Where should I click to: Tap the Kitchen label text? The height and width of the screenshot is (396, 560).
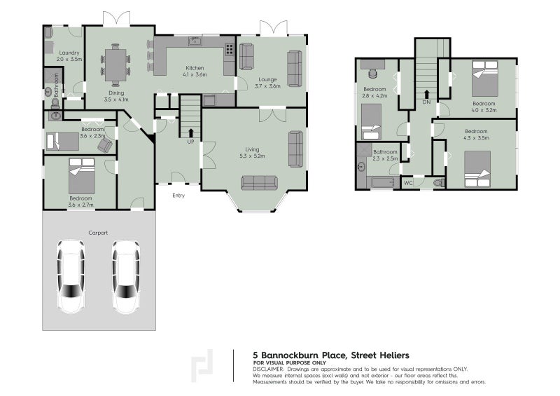pos(194,68)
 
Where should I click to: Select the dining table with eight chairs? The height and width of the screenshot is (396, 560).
pos(115,61)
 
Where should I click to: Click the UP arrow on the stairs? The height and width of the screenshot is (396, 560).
pos(190,132)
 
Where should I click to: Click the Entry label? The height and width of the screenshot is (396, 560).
pos(178,196)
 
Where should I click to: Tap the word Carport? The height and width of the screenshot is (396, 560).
pos(98,232)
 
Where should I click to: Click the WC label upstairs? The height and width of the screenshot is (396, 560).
pos(409,183)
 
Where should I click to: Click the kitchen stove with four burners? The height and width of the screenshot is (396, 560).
pos(228,50)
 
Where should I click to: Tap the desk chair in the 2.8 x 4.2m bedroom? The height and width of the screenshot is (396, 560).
pos(372,72)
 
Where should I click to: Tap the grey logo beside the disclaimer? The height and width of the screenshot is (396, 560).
pos(204,364)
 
